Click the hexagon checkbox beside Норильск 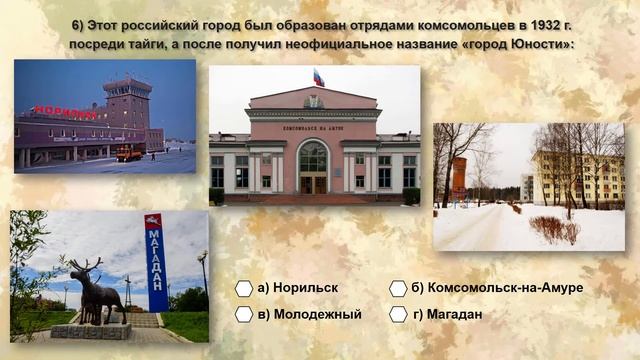244,288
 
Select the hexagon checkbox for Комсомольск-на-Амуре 398,288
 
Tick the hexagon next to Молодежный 244,314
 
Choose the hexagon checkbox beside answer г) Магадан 398,314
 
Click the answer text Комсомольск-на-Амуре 504,288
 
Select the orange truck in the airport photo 129,153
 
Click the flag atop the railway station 318,78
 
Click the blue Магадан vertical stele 155,262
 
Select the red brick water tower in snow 459,179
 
